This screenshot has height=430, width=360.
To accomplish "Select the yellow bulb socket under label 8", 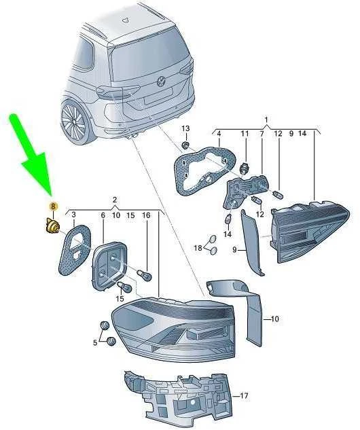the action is [x=50, y=226].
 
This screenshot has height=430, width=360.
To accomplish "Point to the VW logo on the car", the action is [x=160, y=81].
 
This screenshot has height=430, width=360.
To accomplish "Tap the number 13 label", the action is [x=185, y=128].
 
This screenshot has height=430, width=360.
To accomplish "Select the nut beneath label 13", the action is [x=186, y=145].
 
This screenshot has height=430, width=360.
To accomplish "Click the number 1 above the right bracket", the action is [x=266, y=120].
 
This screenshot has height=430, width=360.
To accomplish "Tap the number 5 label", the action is [x=95, y=342].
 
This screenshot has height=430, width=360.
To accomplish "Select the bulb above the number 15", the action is [x=124, y=287].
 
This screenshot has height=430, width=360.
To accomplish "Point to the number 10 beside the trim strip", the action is [x=274, y=319].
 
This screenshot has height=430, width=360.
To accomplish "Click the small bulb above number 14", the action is [x=228, y=219].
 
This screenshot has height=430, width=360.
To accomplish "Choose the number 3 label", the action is [x=73, y=215].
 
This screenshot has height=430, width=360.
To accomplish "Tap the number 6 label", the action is [x=103, y=215].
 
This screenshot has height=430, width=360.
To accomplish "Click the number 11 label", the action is [x=245, y=134].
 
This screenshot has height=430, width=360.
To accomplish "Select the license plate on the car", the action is [x=158, y=96].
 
